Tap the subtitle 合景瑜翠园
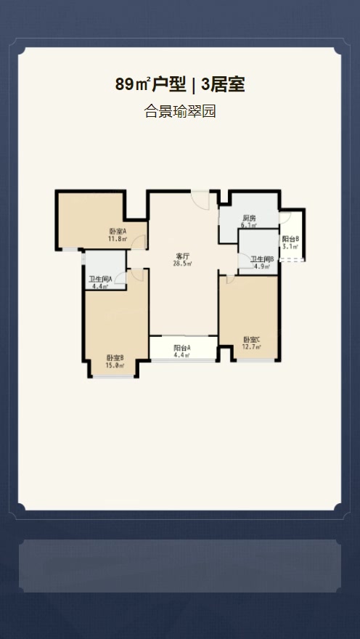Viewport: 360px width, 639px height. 180,111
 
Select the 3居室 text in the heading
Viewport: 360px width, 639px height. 223,85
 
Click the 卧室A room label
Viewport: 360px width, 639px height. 118,232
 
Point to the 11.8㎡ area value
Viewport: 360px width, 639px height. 118,239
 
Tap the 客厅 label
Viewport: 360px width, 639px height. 183,256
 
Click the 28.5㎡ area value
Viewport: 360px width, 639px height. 183,264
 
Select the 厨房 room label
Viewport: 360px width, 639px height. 249,218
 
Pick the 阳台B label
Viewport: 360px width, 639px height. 291,239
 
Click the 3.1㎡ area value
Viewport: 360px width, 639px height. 291,246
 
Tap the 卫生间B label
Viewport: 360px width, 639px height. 262,259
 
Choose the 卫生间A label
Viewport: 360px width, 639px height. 100,280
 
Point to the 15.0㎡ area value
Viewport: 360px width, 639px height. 115,365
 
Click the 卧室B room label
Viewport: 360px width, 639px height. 115,358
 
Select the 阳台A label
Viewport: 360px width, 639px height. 182,348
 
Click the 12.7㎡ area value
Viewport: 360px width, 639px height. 252,347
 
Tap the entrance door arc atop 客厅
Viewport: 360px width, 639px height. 201,201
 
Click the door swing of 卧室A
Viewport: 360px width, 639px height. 139,241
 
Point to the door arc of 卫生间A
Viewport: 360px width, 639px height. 120,278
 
